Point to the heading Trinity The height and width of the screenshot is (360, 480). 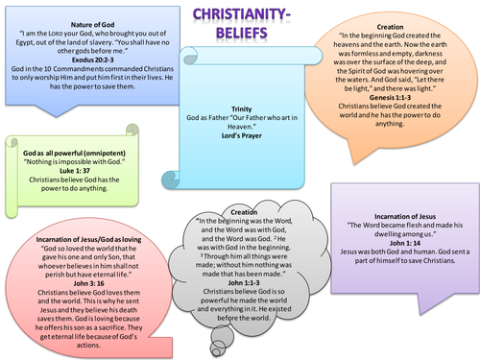click(x=241, y=109)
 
